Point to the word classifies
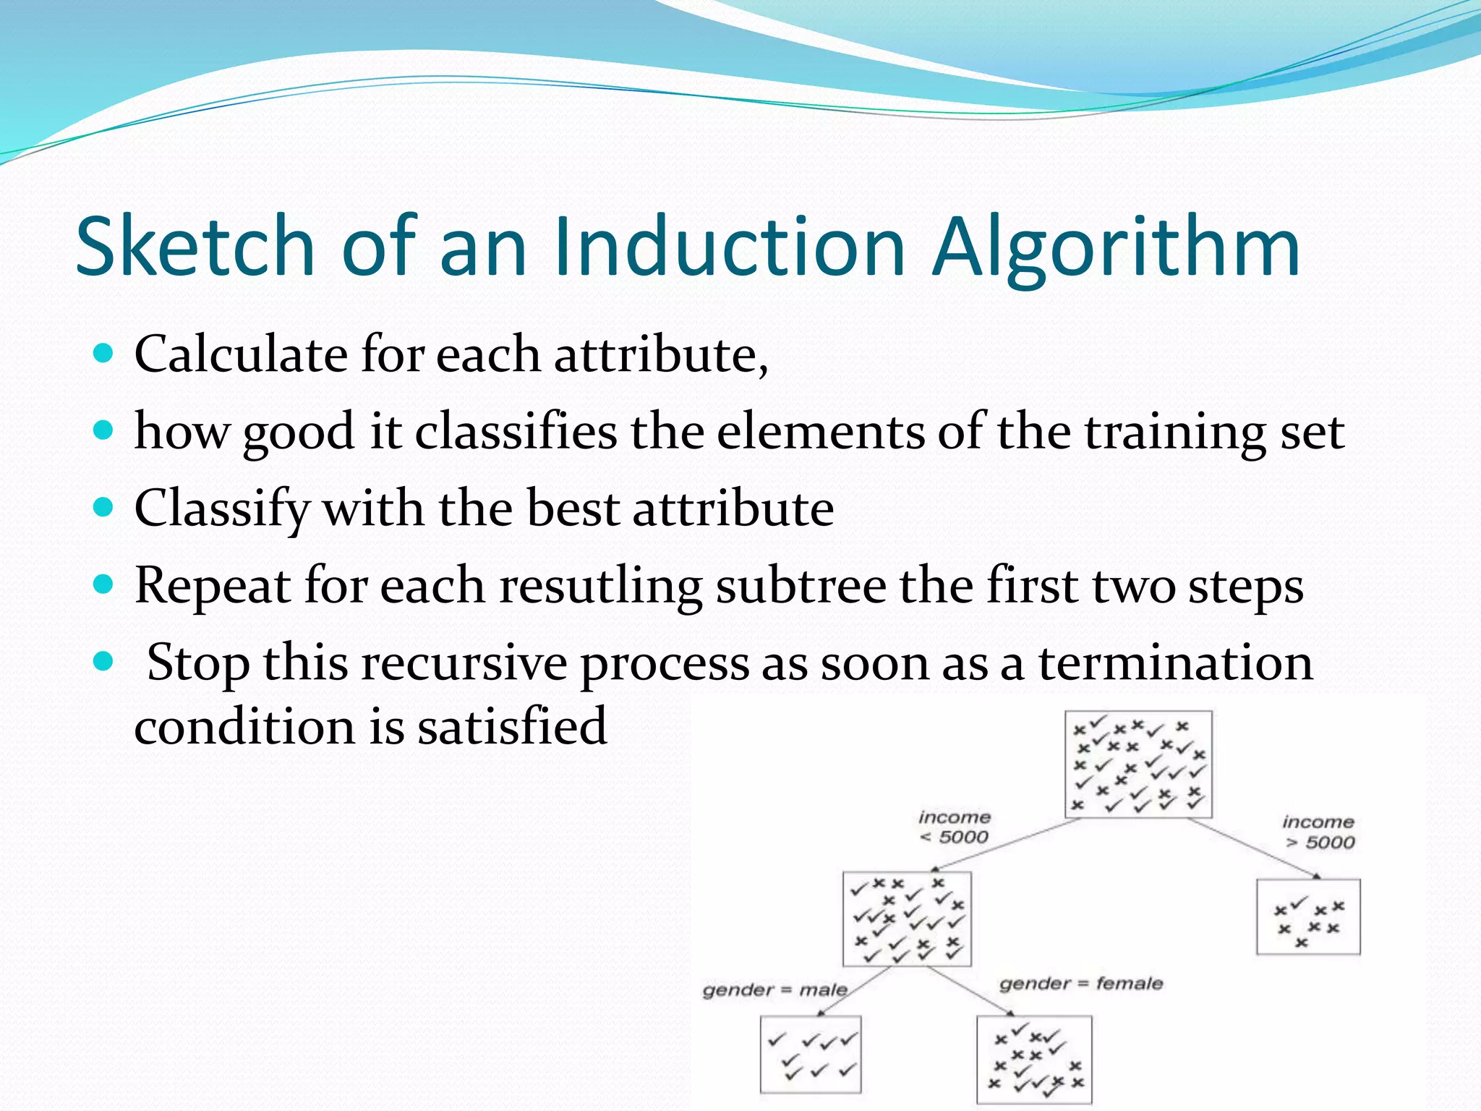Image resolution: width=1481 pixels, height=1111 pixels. (516, 432)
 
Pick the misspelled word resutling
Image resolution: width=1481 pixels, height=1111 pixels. (601, 586)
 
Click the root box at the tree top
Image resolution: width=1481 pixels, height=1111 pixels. (1138, 765)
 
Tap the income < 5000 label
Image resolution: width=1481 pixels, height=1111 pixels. (954, 827)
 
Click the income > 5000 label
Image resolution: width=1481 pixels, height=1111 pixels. (1318, 832)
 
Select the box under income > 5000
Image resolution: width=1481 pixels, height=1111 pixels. (1307, 917)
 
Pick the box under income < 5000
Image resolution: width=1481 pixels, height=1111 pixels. (907, 919)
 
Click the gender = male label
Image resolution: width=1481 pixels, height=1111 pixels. (774, 989)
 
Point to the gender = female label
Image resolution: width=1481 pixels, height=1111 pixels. (1080, 984)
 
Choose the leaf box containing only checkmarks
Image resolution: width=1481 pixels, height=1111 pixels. (811, 1054)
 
